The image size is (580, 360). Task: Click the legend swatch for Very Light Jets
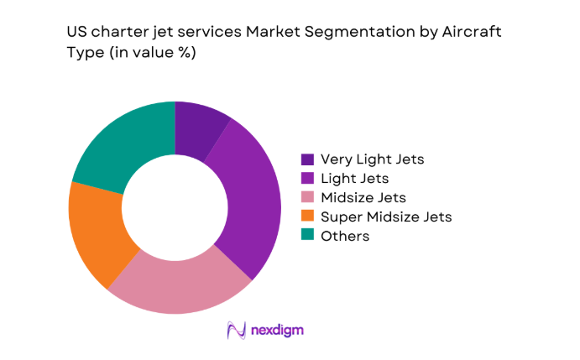click(x=307, y=159)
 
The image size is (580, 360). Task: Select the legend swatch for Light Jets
click(x=307, y=178)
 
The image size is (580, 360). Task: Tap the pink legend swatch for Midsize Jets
click(x=307, y=197)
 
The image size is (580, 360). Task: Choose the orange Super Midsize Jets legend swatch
click(x=307, y=217)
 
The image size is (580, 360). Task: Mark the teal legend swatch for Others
click(x=307, y=236)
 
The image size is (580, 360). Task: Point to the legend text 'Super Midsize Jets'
click(x=386, y=217)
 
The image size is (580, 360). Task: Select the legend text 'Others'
click(x=344, y=236)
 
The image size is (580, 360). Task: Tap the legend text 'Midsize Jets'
click(x=363, y=197)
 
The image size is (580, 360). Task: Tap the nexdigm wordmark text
click(x=278, y=331)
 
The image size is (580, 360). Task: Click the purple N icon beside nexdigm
click(x=236, y=331)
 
